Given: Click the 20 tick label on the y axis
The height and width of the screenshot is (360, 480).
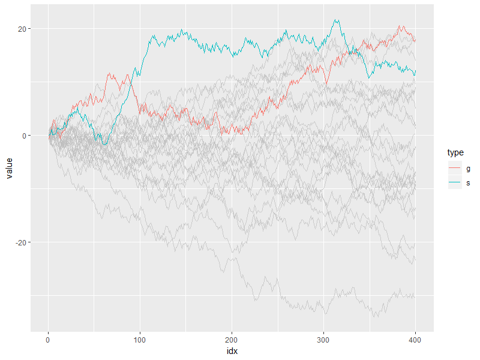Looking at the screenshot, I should click(20, 29).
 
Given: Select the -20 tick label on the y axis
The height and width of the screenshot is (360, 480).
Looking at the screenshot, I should click(19, 242).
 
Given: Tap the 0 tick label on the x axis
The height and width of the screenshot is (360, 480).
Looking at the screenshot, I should click(48, 340).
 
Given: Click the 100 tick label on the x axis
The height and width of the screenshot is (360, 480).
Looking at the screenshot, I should click(140, 340).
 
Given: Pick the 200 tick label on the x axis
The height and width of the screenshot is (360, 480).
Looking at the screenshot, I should click(232, 340).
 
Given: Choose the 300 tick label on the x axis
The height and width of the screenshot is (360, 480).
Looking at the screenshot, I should click(323, 340).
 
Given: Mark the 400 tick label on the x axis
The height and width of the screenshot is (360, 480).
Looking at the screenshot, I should click(415, 340).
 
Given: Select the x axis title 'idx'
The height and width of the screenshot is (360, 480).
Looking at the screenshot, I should click(232, 350).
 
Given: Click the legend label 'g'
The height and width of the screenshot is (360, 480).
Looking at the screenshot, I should click(468, 169).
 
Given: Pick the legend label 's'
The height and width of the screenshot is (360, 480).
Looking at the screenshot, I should click(468, 182).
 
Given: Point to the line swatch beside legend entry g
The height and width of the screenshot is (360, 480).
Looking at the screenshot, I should click(455, 169).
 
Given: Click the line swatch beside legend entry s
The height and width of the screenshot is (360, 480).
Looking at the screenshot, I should click(455, 182).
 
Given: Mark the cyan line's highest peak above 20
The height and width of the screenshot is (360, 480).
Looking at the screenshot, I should click(337, 20).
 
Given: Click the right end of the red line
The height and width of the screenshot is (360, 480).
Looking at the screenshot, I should click(415, 40).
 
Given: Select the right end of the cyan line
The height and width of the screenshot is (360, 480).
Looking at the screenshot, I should click(415, 73).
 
